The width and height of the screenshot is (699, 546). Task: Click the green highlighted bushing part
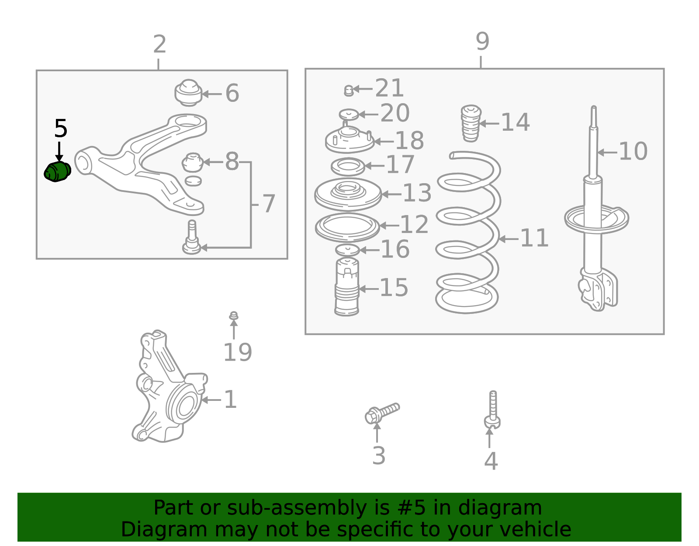tap(57, 171)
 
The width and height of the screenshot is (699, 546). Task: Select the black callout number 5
tap(61, 129)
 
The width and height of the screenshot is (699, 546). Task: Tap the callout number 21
tap(389, 88)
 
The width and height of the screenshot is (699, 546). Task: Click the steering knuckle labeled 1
tap(170, 386)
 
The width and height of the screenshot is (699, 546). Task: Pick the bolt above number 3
tap(382, 413)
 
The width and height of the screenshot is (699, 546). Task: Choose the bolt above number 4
tap(492, 410)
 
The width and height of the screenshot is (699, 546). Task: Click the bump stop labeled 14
tap(471, 123)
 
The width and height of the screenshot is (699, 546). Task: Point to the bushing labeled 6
tap(188, 93)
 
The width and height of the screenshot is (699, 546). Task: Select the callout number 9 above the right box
tap(482, 42)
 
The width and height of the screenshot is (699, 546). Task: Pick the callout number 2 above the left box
tap(159, 45)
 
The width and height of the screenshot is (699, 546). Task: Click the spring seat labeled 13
tap(348, 194)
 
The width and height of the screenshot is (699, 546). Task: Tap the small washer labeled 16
tap(347, 250)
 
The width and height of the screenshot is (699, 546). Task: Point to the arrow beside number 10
tap(607, 153)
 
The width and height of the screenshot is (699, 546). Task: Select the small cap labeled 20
tap(349, 115)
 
